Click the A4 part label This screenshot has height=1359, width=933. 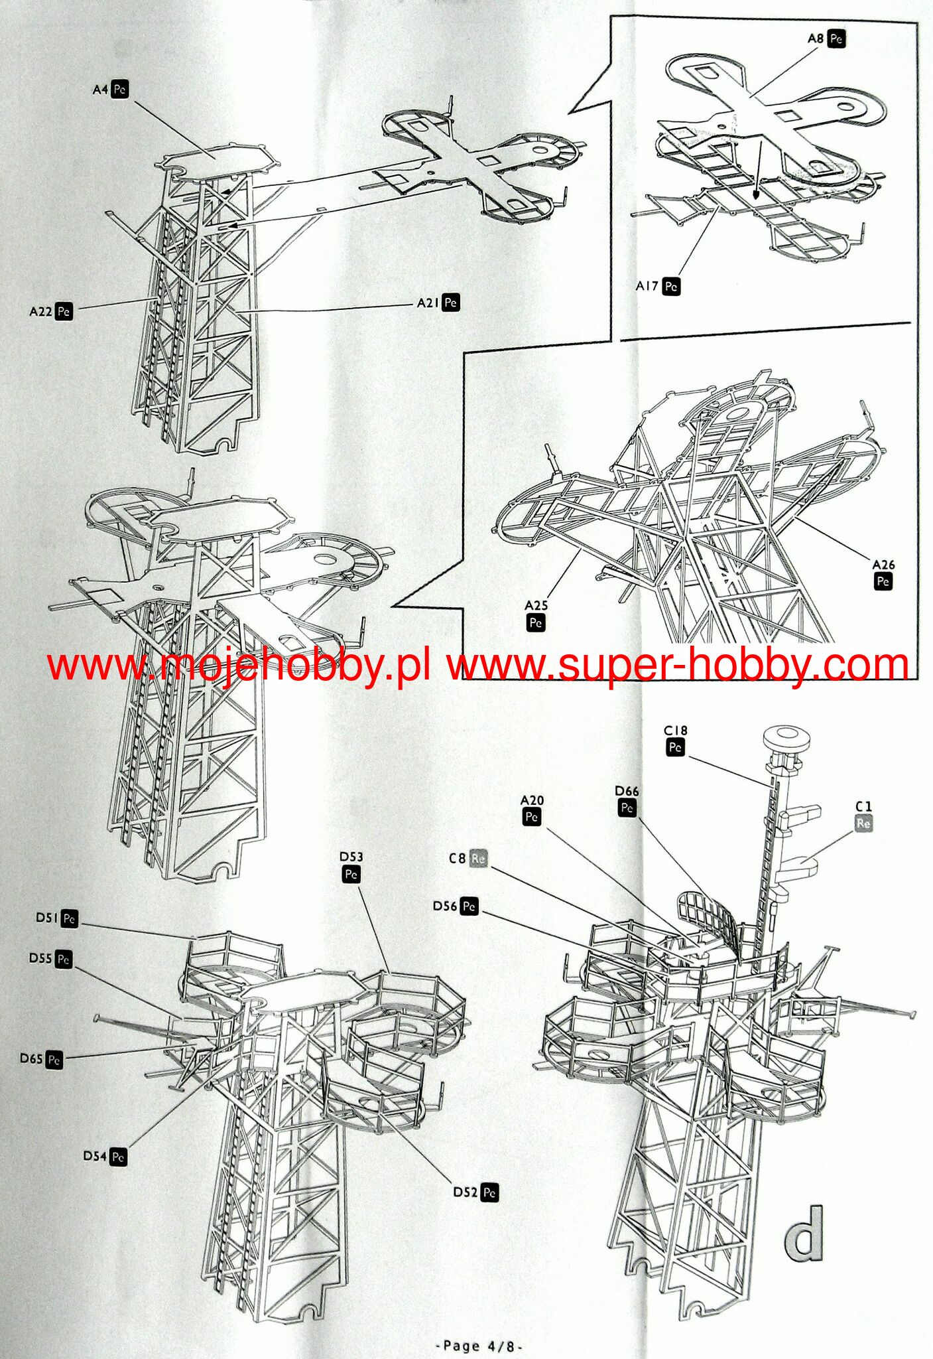110,89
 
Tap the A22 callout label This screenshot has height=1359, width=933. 50,311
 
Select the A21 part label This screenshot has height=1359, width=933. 438,303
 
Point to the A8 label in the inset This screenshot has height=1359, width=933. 826,38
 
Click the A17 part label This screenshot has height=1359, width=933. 657,286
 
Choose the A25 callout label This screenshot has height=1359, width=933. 536,614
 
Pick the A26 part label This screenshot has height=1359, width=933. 883,573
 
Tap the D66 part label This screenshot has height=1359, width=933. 627,800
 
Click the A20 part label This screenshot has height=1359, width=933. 532,809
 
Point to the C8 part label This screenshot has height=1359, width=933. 467,859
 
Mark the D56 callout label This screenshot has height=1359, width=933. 455,906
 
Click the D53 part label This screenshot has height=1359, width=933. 351,866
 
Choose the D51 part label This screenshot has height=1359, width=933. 56,918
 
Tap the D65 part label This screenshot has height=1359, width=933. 41,1058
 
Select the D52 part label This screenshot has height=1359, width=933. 475,1192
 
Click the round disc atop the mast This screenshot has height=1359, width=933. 787,737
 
